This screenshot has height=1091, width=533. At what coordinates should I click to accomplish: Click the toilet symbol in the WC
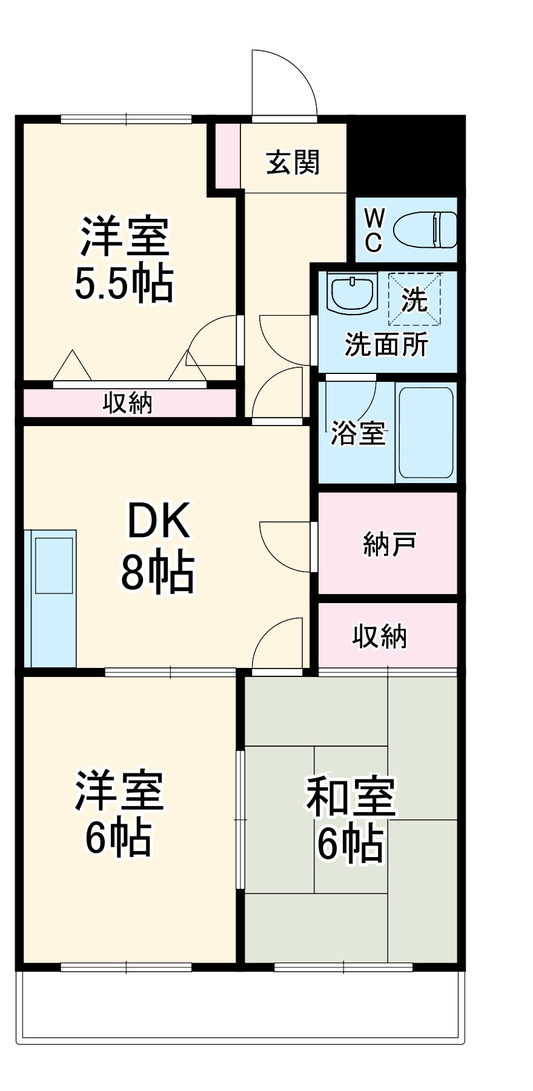(x=425, y=230)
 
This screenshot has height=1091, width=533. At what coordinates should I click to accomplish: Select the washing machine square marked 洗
(x=415, y=299)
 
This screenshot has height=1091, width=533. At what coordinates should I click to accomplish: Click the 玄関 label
(x=293, y=162)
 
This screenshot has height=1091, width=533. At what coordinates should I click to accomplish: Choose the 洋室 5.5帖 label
(x=125, y=259)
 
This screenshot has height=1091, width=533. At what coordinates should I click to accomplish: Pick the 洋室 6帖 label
(x=119, y=812)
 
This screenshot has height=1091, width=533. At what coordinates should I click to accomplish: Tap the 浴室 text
(x=357, y=433)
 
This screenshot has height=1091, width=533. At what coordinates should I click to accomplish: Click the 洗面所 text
(x=386, y=344)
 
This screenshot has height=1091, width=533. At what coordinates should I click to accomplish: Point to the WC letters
(x=374, y=230)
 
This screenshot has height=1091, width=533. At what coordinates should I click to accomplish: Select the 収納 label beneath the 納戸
(x=380, y=636)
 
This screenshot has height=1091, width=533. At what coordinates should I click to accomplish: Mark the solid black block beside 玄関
(x=406, y=155)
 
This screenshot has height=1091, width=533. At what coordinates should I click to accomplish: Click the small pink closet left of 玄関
(x=228, y=155)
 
